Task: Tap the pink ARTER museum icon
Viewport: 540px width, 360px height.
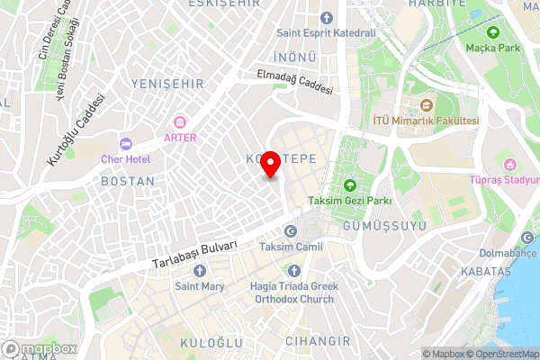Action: (x=179, y=121)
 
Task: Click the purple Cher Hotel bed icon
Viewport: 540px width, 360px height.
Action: (x=125, y=144)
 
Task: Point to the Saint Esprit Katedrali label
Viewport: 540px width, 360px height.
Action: (x=326, y=33)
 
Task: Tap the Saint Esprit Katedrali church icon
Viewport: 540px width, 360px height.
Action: (x=326, y=17)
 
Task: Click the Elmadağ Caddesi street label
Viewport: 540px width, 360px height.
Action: (x=294, y=84)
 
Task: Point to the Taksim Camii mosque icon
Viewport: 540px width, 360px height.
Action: (x=290, y=230)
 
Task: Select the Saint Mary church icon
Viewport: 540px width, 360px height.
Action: (x=200, y=271)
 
